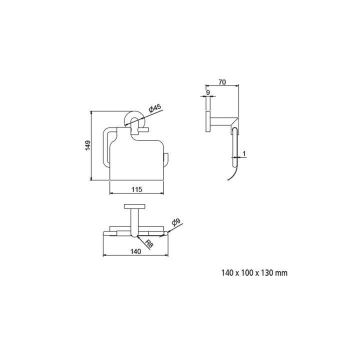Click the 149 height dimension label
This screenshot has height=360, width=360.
coord(87,145)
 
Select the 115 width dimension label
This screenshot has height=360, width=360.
coord(137,189)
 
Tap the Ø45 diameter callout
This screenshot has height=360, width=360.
coord(155,108)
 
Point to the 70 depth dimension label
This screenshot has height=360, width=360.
coord(222,82)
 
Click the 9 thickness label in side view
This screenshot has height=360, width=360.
coord(208,92)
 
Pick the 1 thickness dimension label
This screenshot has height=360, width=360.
coord(244,153)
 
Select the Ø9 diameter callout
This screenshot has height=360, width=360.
coord(176,222)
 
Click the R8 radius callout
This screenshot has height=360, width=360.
coord(149,243)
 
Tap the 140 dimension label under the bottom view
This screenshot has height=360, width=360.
coord(135,251)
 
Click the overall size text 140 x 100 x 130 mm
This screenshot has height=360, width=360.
coord(254,273)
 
